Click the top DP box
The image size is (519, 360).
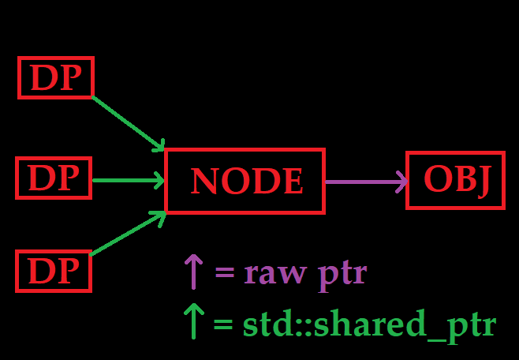click(56, 78)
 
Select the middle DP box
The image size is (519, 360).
click(54, 178)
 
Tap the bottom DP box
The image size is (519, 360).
click(54, 271)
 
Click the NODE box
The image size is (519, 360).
click(245, 181)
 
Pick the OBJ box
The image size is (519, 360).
click(455, 180)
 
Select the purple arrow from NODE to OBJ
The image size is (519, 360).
click(363, 182)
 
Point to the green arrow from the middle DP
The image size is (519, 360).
click(126, 181)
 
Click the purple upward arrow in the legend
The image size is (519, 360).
click(193, 271)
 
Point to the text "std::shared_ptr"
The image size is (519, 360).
click(369, 325)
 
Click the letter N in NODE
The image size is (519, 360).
click(204, 182)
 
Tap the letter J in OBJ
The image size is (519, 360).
click(484, 182)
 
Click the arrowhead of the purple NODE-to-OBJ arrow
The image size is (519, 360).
click(401, 182)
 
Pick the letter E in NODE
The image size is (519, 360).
click(293, 182)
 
